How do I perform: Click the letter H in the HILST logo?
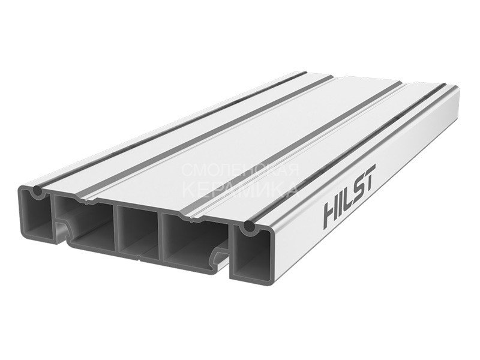point(332,214)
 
